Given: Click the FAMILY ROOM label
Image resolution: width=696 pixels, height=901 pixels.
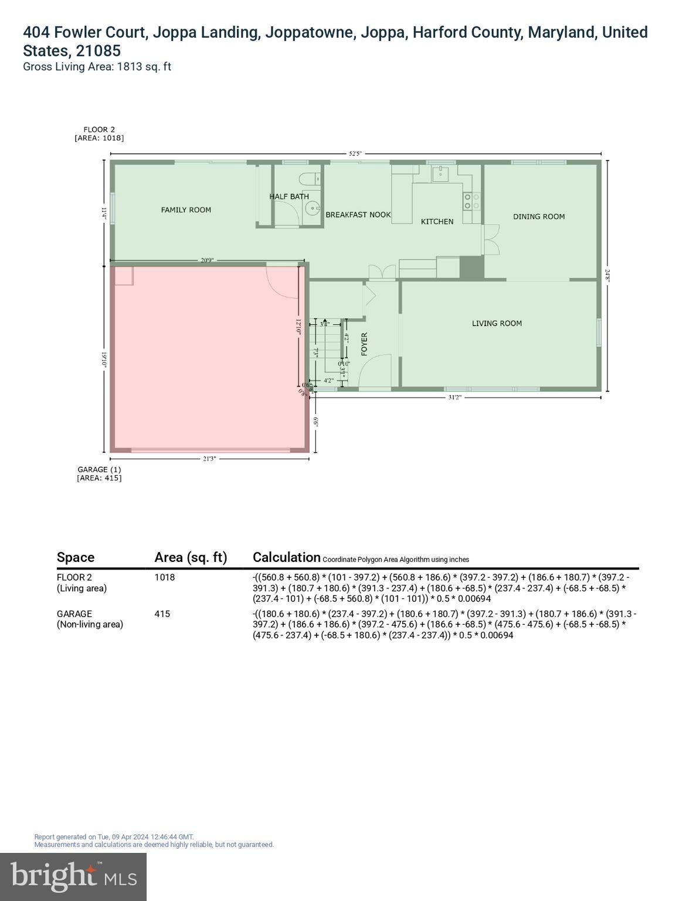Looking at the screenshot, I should [x=186, y=210].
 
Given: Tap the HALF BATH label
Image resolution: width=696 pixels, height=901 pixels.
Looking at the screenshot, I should [x=288, y=197].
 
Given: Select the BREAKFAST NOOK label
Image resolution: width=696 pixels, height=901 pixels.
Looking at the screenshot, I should [x=358, y=215].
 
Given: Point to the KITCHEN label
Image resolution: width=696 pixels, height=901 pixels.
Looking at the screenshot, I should [x=437, y=222].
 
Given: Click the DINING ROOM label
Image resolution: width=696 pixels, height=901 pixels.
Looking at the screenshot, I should [x=539, y=216].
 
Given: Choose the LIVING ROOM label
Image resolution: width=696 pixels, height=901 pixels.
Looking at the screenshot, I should [x=497, y=323].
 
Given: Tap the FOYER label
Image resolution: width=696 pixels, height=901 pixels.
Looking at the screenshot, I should [x=364, y=344].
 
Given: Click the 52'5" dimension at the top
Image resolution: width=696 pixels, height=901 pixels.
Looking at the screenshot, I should [x=355, y=154].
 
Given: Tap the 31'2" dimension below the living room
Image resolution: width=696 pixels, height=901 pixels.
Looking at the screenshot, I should [x=454, y=397].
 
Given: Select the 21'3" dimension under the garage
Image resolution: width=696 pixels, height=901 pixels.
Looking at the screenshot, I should [x=209, y=459].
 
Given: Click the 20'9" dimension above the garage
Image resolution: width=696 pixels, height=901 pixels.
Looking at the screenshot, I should [x=207, y=260].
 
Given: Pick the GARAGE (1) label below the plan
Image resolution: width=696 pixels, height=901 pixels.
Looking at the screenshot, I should [x=99, y=469].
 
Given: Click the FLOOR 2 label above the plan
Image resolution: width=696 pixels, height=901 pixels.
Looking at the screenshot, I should [x=99, y=130].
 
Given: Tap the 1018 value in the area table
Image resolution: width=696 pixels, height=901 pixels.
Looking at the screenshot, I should [x=165, y=577].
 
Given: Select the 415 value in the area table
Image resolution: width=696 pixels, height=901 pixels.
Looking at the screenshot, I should [x=162, y=614].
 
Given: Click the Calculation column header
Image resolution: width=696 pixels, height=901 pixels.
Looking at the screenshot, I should [x=287, y=557].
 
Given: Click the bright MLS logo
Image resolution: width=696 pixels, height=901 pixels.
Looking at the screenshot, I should [x=73, y=876].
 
